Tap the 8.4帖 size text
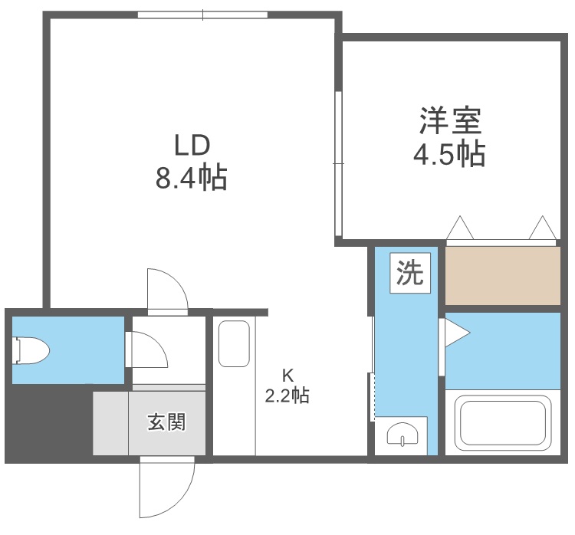click(192, 179)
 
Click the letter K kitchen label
click(287, 376)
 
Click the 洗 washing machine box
click(410, 274)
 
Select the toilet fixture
click(31, 351)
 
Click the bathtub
click(503, 425)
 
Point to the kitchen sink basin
click(234, 343)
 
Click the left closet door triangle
click(460, 228)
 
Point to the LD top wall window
click(202, 14)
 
